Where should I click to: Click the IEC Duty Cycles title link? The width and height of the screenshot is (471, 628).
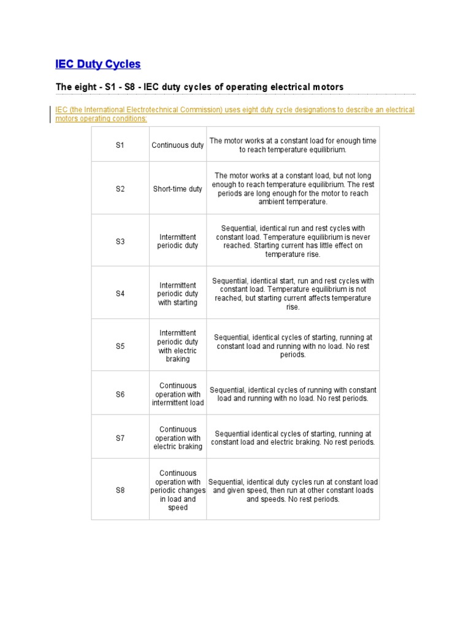coord(98,64)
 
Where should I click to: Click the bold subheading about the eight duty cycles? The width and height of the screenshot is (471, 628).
coord(199,87)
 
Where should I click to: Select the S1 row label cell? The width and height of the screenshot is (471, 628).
coord(120,145)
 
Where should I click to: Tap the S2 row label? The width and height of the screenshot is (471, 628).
coord(120,189)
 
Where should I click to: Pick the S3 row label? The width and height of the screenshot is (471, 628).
coord(120,242)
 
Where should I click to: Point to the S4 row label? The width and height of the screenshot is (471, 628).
coord(120,294)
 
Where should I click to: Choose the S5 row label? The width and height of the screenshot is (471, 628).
coord(120,346)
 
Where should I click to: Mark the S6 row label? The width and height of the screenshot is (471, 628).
coord(120,394)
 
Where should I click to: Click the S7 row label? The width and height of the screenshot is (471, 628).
coord(120,438)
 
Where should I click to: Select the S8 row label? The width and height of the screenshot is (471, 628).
coord(120,491)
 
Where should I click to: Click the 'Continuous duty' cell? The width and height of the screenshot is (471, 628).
coord(178,145)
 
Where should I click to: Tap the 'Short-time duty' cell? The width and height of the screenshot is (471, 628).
coord(178,189)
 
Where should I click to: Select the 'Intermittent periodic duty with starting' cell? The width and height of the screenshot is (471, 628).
coord(178,294)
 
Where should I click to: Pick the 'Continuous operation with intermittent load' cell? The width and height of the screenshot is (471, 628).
coord(178,394)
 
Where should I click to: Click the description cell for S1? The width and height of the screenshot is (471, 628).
coord(293,145)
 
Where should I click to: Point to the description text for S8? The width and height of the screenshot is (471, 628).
coord(293,491)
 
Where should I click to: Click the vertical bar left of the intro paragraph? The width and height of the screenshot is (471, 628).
coord(51,114)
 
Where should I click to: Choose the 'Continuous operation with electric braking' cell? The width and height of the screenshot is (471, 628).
coord(178,438)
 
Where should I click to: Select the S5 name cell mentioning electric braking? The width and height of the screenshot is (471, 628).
coord(178,346)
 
